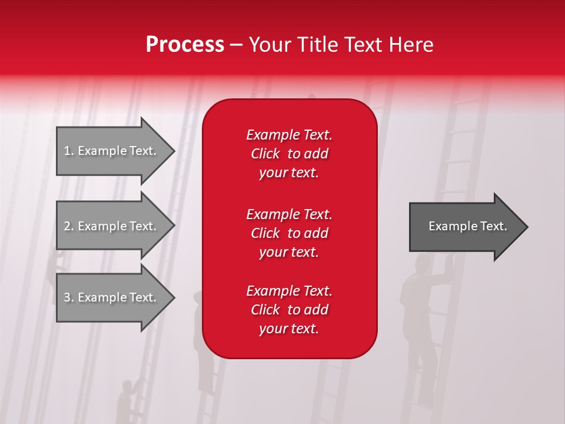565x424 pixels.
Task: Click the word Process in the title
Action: (x=185, y=45)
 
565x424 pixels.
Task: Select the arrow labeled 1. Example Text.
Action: (x=110, y=151)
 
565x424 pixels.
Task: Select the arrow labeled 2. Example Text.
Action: (x=110, y=226)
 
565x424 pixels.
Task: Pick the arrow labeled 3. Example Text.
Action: (x=110, y=297)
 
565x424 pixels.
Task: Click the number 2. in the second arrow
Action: (x=69, y=226)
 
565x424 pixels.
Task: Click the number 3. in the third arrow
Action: (x=69, y=297)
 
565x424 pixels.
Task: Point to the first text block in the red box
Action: (x=289, y=154)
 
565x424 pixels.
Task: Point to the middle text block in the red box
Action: (x=289, y=233)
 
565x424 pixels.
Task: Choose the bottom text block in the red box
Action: (x=289, y=310)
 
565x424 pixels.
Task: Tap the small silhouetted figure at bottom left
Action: (x=125, y=400)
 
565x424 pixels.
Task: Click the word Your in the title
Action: (x=270, y=45)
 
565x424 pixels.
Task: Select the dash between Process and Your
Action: (x=236, y=45)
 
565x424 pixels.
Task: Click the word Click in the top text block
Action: (x=265, y=154)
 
